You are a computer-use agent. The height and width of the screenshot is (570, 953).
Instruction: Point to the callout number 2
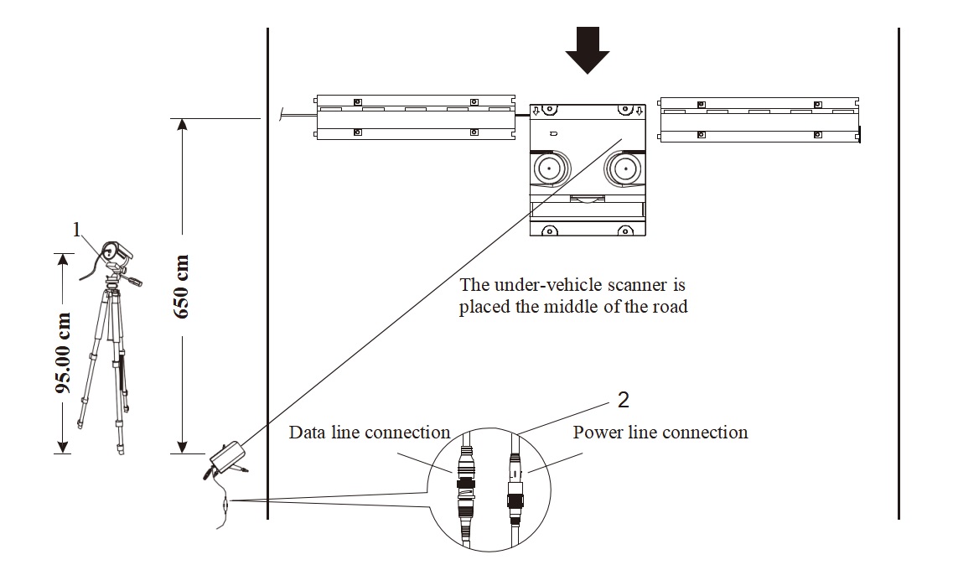[x=623, y=400]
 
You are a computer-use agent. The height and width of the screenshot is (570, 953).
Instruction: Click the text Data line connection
[x=370, y=433]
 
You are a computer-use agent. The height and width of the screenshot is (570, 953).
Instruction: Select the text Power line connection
[x=660, y=433]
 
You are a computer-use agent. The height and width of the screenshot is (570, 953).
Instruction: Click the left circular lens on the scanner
[x=548, y=168]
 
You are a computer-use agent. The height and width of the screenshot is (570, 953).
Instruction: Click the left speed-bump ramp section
[x=415, y=117]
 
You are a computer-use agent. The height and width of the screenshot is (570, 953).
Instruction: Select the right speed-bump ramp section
[x=759, y=119]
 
